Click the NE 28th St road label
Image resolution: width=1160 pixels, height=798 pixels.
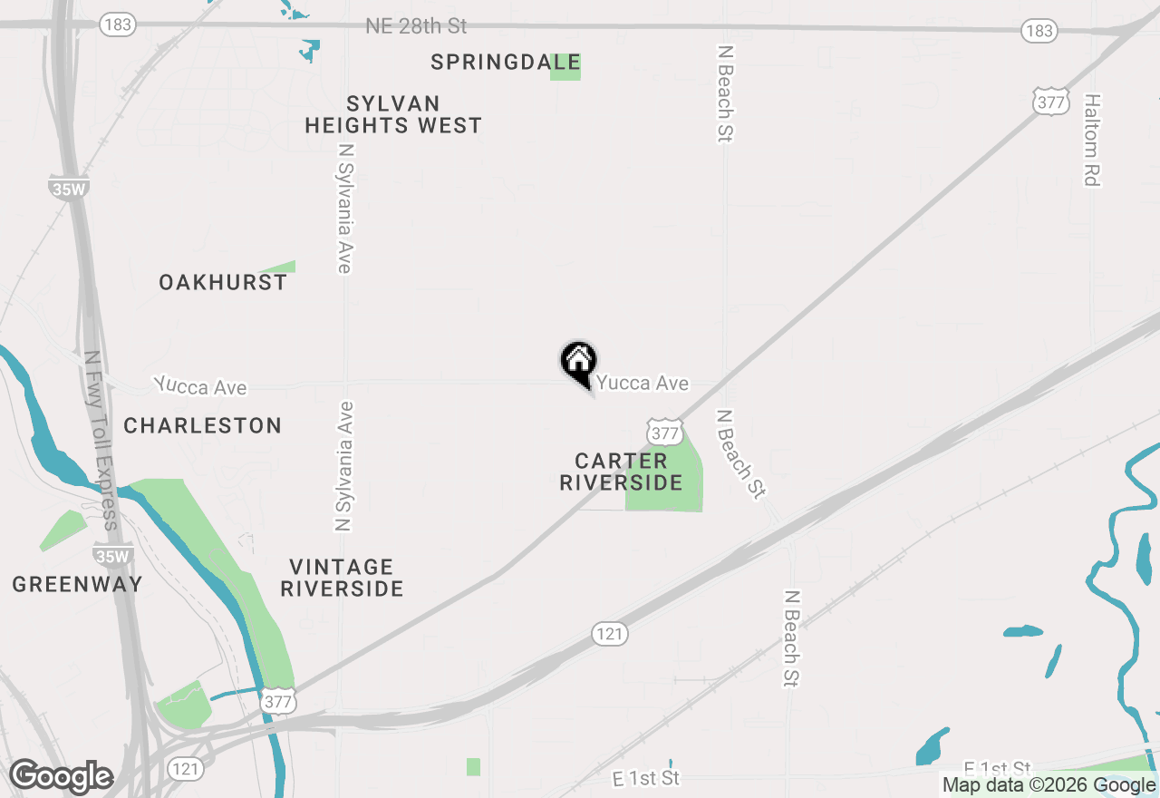click(416, 26)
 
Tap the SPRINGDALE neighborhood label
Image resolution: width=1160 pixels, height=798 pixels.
click(505, 63)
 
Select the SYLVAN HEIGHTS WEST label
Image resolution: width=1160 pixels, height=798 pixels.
click(393, 114)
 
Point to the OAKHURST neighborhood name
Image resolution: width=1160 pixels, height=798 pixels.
click(223, 283)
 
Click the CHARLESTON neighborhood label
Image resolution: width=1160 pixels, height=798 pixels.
click(203, 425)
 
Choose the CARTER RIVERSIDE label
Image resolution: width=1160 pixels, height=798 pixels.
click(621, 472)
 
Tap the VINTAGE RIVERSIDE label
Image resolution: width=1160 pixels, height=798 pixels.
click(342, 578)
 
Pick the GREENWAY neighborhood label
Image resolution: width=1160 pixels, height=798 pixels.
click(78, 584)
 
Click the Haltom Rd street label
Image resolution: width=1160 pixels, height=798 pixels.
click(1092, 140)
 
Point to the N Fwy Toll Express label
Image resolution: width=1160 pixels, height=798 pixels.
click(100, 441)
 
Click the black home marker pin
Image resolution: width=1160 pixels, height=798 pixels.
click(578, 362)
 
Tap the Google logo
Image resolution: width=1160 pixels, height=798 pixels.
click(61, 777)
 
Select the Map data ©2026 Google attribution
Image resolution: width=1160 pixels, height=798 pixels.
click(1049, 785)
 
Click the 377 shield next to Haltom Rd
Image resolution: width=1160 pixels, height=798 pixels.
click(1050, 102)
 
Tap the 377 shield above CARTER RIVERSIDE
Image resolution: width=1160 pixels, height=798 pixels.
click(664, 431)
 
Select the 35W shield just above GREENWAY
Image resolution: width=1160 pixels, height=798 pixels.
click(112, 554)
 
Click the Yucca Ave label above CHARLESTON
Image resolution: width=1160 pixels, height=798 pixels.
click(200, 386)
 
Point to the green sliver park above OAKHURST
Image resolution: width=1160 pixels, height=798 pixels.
click(279, 267)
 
